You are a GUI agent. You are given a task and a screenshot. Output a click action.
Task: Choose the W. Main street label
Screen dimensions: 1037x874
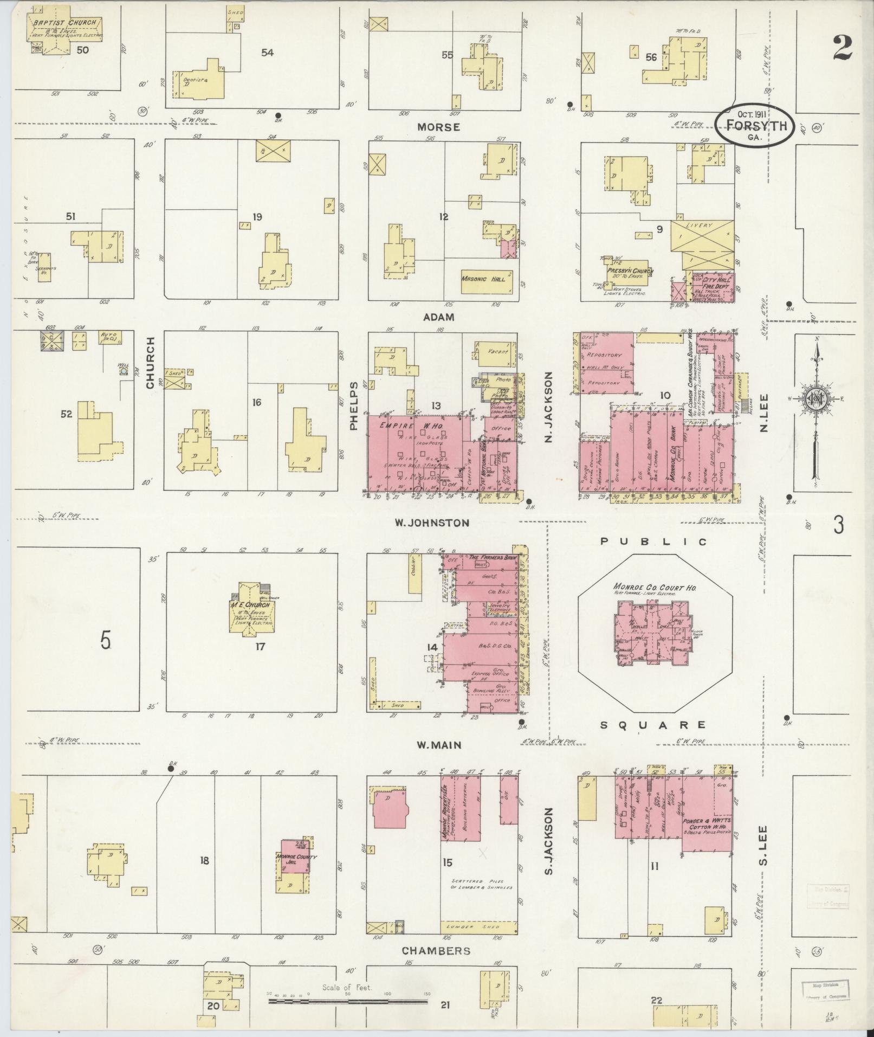tap(439, 745)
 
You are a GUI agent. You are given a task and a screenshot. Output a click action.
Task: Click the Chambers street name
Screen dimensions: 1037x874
tap(436, 951)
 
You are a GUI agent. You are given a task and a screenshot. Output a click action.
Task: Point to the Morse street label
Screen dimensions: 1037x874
tap(438, 127)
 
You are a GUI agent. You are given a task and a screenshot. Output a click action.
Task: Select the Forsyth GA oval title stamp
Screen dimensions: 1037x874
tap(754, 127)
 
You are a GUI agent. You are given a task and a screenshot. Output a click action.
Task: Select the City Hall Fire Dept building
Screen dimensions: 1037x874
tap(713, 286)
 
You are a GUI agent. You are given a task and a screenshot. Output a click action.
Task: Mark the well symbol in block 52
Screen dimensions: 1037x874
tap(123, 371)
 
